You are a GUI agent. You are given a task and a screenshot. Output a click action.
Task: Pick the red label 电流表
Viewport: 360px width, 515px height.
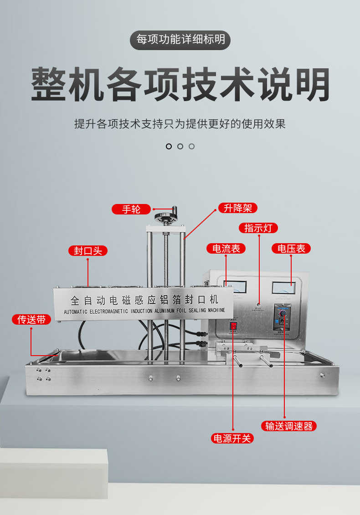tap(226, 248)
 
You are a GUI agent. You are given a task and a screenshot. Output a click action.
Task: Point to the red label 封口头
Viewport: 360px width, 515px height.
tap(88, 250)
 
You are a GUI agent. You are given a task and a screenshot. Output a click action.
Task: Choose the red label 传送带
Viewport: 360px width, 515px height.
tap(31, 320)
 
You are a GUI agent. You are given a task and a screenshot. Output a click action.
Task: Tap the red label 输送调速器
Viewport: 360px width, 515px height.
tap(289, 426)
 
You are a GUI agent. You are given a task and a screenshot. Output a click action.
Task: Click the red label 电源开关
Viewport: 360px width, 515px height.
tap(232, 438)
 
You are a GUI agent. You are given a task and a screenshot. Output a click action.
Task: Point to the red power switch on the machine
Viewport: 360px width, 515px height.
tap(233, 326)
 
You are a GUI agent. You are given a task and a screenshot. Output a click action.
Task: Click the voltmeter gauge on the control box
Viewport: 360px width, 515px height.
tap(283, 288)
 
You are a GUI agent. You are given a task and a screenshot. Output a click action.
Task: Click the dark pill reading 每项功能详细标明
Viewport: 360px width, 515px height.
tap(180, 40)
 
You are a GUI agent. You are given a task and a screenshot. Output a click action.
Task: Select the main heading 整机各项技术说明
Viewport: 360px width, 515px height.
tap(180, 85)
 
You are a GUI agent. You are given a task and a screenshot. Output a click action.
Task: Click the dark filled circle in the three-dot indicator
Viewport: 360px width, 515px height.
tap(169, 146)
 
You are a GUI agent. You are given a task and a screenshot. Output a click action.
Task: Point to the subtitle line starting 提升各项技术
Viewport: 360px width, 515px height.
tap(180, 123)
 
